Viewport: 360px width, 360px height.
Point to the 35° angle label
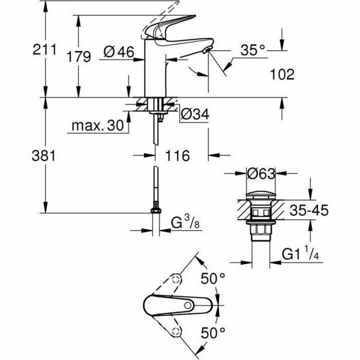tap(252, 50)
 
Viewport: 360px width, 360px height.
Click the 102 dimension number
tap(281, 74)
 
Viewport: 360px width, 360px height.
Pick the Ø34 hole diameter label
tap(193, 115)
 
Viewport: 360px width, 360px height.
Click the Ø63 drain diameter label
tap(261, 174)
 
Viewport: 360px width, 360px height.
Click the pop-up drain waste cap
tap(260, 195)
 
